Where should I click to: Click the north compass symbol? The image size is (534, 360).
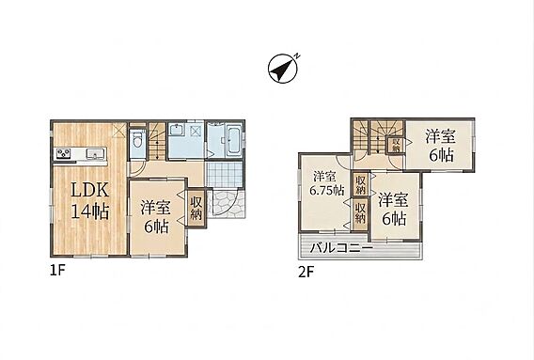click(x=283, y=68)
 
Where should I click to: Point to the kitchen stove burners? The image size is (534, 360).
click(x=63, y=153)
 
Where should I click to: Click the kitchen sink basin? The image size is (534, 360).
click(x=95, y=153)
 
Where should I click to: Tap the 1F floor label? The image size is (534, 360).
click(x=57, y=271)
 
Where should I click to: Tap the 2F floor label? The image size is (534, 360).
click(x=306, y=273)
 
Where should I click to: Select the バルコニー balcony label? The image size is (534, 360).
click(x=341, y=247)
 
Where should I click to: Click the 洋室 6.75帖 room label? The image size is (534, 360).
click(x=326, y=183)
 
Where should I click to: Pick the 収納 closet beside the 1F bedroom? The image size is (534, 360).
click(x=196, y=208)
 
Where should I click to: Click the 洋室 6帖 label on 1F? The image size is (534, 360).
click(x=156, y=217)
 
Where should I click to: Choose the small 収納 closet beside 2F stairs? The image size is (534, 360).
click(x=396, y=145)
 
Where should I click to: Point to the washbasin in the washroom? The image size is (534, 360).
click(x=177, y=132)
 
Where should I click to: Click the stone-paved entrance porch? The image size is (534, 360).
click(x=226, y=203)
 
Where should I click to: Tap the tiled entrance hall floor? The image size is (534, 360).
click(x=225, y=174)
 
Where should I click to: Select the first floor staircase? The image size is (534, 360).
click(x=157, y=141)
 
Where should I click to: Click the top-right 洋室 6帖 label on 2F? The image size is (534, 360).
click(x=440, y=146)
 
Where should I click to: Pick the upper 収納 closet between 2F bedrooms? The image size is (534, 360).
click(x=360, y=184)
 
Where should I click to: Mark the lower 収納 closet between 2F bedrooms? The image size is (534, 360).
click(x=360, y=211)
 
